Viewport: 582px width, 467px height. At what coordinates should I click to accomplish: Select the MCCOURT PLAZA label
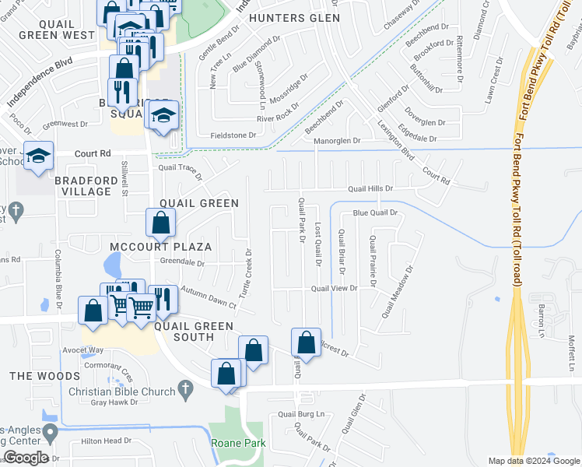pyautogui.click(x=161, y=247)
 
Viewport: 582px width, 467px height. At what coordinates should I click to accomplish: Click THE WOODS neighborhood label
pyautogui.click(x=33, y=376)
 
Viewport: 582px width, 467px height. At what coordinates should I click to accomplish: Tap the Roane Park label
pyautogui.click(x=238, y=443)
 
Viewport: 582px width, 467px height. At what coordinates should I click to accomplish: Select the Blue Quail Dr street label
pyautogui.click(x=375, y=212)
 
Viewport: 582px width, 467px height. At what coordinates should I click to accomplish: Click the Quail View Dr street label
pyautogui.click(x=334, y=288)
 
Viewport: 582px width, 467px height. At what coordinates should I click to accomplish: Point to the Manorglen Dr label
pyautogui.click(x=337, y=141)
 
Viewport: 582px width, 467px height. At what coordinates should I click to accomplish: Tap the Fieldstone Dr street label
pyautogui.click(x=228, y=135)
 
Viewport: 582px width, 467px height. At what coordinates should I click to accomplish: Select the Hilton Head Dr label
pyautogui.click(x=107, y=441)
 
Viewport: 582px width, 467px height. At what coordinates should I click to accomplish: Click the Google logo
pyautogui.click(x=26, y=458)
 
